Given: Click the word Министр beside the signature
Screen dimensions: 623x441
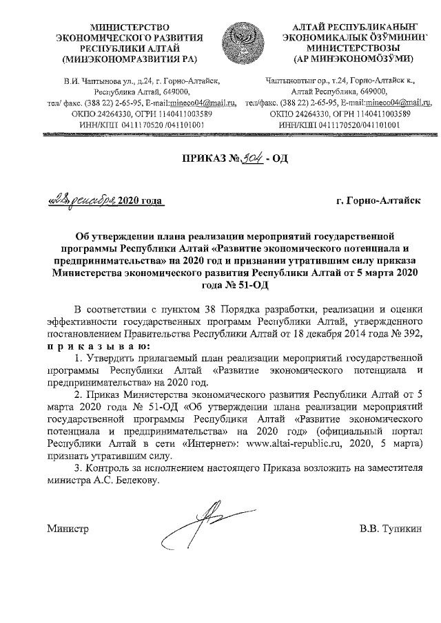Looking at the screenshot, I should pos(68,530).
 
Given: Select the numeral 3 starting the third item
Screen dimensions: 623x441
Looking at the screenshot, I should pos(76,468).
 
